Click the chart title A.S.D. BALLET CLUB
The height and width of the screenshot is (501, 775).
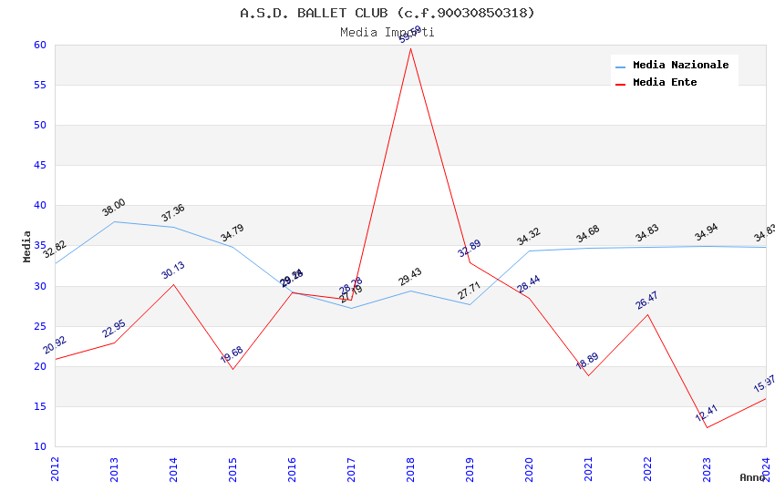(x=387, y=13)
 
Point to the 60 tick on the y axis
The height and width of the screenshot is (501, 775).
(x=39, y=45)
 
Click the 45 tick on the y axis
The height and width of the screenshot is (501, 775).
(x=39, y=166)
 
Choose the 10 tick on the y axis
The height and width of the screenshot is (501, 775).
(x=39, y=446)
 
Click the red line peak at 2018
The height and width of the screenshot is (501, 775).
(x=410, y=47)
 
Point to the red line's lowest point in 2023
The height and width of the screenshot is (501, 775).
(x=707, y=427)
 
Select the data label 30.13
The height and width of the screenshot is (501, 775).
(x=173, y=271)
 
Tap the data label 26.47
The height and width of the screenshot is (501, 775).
(x=648, y=301)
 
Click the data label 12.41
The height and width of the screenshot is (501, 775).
(x=707, y=414)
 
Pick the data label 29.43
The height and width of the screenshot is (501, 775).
(x=410, y=277)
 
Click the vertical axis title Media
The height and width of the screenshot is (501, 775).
(x=27, y=246)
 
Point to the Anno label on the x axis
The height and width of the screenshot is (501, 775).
(x=752, y=477)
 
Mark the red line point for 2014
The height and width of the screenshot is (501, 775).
(x=173, y=284)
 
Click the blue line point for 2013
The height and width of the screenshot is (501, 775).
(x=114, y=221)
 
